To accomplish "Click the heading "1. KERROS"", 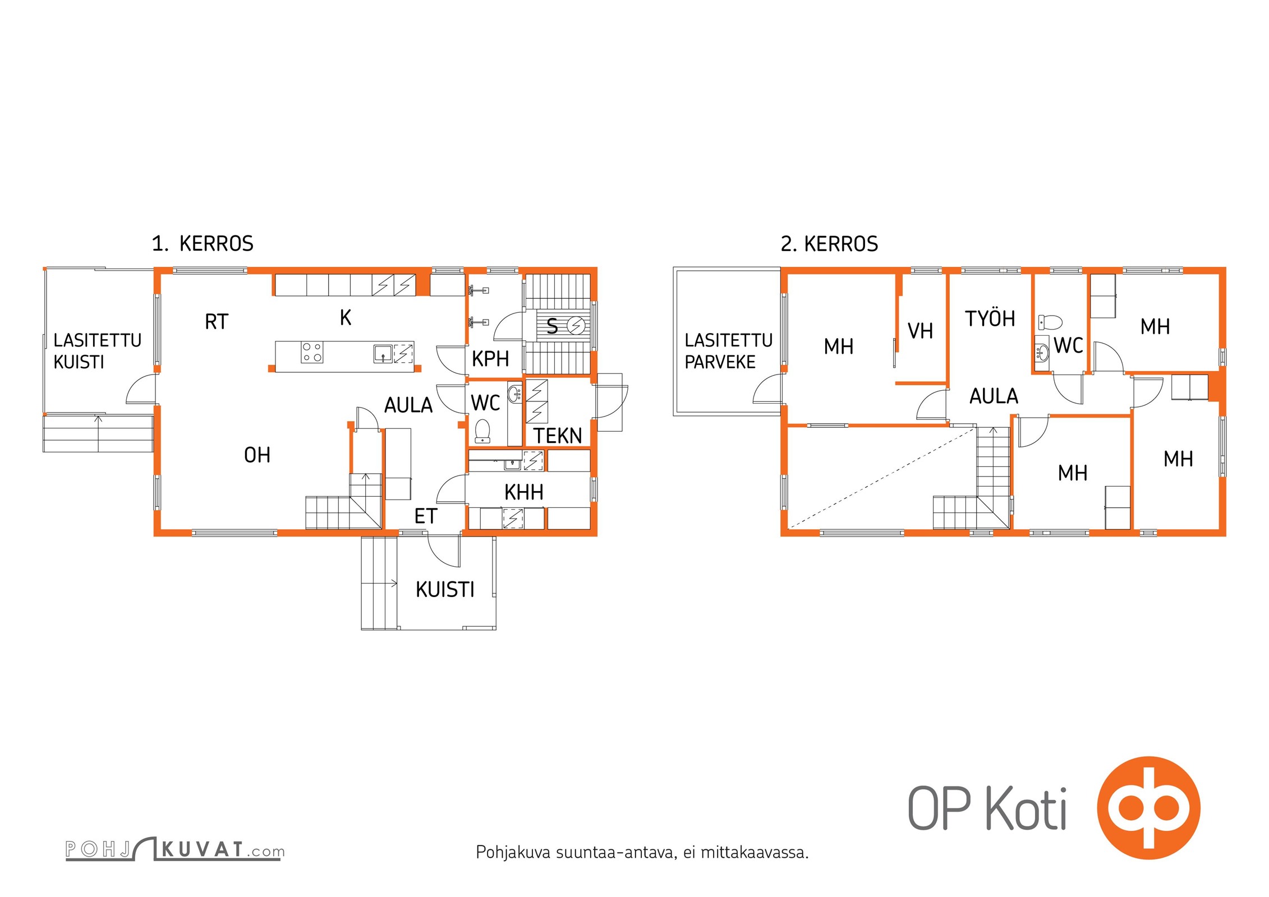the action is click(x=203, y=244).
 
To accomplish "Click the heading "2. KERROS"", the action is click(x=829, y=244).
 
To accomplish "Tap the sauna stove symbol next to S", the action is click(x=576, y=325).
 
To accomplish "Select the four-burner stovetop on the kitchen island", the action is click(x=312, y=353).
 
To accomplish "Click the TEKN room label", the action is click(x=558, y=436).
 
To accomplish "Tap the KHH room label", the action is click(x=524, y=492).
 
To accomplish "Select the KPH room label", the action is click(x=490, y=359).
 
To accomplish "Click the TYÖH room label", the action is click(x=990, y=318).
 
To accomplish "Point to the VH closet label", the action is click(x=920, y=331).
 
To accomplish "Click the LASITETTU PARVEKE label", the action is click(x=728, y=351).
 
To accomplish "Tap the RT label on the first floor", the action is click(x=217, y=322).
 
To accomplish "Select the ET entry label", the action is click(x=425, y=516).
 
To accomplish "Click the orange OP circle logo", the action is click(x=1149, y=808).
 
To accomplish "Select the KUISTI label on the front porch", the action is click(x=445, y=590).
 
